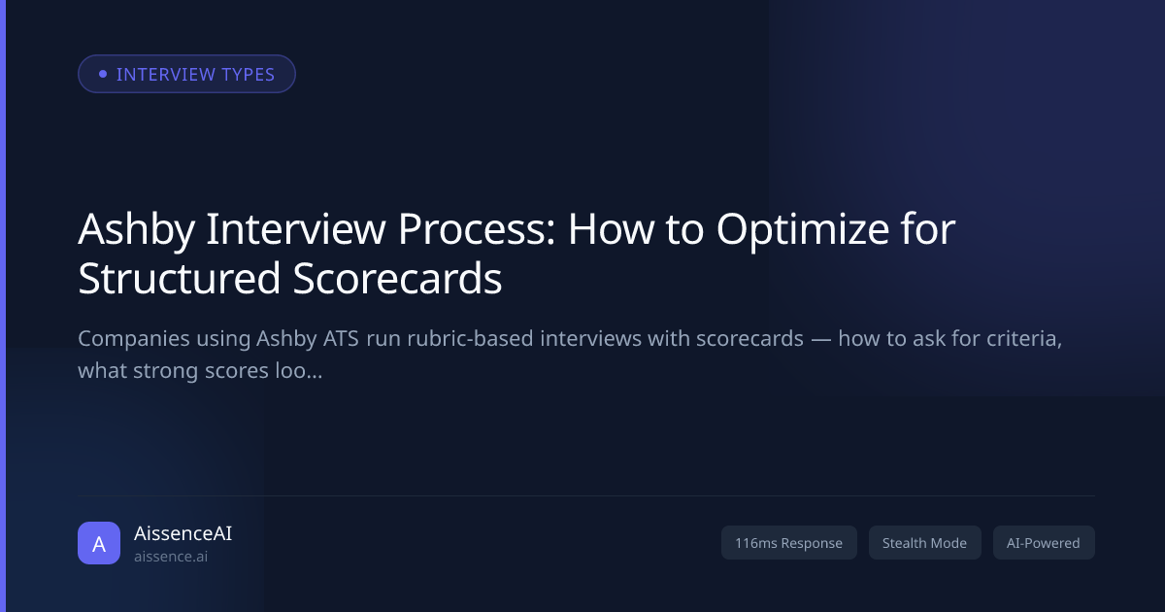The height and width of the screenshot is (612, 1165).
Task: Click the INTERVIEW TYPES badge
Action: (186, 74)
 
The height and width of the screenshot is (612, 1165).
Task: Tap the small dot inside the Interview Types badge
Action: (103, 74)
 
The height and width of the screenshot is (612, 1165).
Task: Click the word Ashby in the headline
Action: (136, 229)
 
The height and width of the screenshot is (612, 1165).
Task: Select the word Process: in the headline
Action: (477, 229)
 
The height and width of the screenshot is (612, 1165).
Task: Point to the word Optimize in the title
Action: (803, 229)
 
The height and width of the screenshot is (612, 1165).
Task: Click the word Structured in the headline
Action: (179, 279)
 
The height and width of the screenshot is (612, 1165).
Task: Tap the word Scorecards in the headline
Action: (397, 279)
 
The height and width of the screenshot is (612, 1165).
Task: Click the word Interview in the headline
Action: (296, 229)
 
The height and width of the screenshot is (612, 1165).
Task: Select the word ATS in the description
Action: (341, 339)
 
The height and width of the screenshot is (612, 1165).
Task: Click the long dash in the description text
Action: (820, 339)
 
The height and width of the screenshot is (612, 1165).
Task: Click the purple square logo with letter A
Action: (99, 543)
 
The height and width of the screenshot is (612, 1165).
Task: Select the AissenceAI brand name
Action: (183, 533)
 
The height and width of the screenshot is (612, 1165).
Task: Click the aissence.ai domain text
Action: (171, 557)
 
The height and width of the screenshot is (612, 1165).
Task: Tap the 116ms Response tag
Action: (788, 543)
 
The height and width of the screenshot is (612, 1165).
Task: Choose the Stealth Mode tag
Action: (924, 543)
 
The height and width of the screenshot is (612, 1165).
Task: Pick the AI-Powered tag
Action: (1044, 543)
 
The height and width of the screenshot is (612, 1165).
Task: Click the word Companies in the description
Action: (134, 339)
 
